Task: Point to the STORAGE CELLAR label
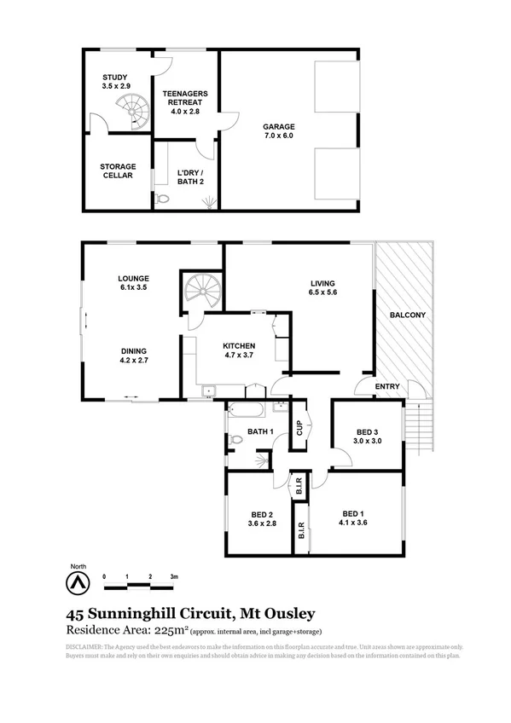(117, 170)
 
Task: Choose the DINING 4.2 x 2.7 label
(134, 356)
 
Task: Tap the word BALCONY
(407, 315)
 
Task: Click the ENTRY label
(388, 387)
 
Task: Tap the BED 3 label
(368, 435)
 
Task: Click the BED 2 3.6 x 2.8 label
(261, 520)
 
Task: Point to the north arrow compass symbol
(78, 583)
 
